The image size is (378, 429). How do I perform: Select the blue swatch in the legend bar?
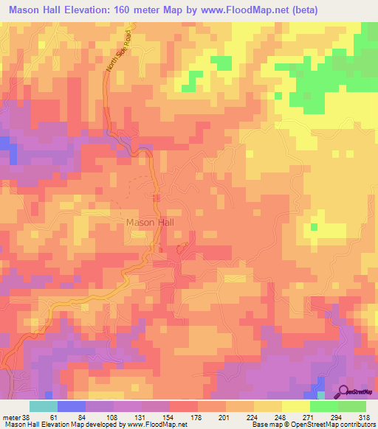72,406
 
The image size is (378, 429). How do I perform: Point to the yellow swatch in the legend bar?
295,406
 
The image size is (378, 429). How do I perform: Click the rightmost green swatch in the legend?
351,406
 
